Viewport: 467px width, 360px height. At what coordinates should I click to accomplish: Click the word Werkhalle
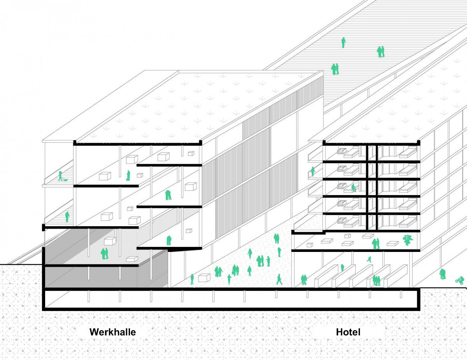pyautogui.click(x=112, y=332)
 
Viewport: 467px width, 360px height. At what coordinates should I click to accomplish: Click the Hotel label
pyautogui.click(x=348, y=332)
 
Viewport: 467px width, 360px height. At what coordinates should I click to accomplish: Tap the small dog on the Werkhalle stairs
pyautogui.click(x=66, y=180)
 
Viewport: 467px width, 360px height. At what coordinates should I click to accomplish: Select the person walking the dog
pyautogui.click(x=60, y=176)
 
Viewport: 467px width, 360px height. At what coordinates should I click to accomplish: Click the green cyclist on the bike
pyautogui.click(x=460, y=280)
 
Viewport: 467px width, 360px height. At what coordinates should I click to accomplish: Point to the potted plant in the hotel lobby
pyautogui.click(x=407, y=240)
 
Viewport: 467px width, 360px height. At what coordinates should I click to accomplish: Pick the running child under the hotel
pyautogui.click(x=369, y=259)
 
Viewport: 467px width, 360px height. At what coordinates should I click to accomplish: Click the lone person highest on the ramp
pyautogui.click(x=343, y=42)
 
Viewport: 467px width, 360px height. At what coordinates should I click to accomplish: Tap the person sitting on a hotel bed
pyautogui.click(x=353, y=188)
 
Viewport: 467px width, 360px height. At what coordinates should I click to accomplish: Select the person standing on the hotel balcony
pyautogui.click(x=313, y=172)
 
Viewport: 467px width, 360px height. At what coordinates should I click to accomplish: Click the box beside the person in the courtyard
pyautogui.click(x=204, y=278)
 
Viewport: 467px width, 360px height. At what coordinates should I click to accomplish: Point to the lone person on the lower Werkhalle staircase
pyautogui.click(x=67, y=217)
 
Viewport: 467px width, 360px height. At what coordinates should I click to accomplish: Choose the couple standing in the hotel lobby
pyautogui.click(x=376, y=244)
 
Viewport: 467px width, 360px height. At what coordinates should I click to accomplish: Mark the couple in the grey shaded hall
pyautogui.click(x=104, y=254)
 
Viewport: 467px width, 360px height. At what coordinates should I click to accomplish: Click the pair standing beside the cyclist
pyautogui.click(x=442, y=274)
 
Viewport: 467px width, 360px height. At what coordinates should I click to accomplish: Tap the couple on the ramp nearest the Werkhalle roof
pyautogui.click(x=335, y=69)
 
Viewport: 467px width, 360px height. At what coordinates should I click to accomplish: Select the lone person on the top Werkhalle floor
pyautogui.click(x=128, y=175)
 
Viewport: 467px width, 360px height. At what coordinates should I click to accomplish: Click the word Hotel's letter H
pyautogui.click(x=339, y=332)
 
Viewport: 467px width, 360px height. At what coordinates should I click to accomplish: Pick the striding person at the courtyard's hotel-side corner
pyautogui.click(x=279, y=279)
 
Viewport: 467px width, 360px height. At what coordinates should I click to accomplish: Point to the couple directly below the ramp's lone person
pyautogui.click(x=381, y=52)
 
